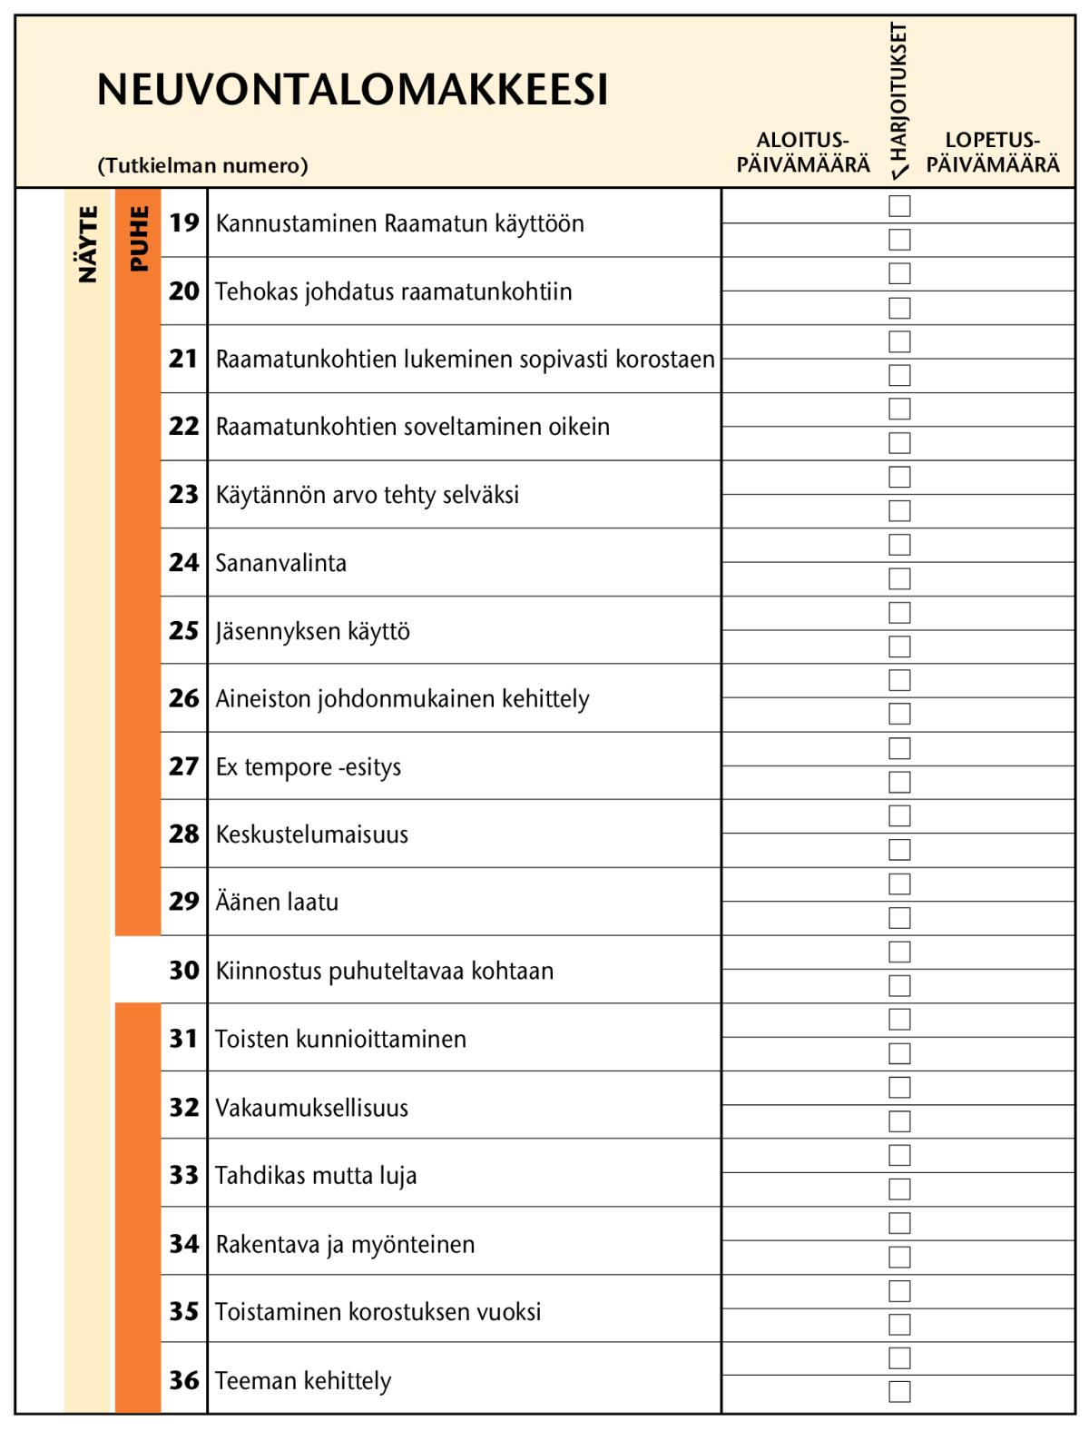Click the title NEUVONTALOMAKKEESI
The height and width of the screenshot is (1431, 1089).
352,90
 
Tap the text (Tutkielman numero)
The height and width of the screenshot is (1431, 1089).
202,165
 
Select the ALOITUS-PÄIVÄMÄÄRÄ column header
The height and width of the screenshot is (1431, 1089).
802,153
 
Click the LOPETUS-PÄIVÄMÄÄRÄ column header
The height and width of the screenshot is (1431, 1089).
992,153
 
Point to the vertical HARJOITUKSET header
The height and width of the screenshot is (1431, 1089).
898,95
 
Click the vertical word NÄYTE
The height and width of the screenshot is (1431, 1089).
87,244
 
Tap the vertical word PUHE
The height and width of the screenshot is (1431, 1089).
138,239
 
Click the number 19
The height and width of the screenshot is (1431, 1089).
184,222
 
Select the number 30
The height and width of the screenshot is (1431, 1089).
184,970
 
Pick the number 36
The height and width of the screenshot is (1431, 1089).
184,1380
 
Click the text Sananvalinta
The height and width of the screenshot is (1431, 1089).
280,563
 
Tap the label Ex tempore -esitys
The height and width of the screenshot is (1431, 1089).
308,767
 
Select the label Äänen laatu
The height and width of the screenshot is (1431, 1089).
277,902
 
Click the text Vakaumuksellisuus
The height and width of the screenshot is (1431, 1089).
311,1108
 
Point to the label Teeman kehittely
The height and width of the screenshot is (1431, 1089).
303,1380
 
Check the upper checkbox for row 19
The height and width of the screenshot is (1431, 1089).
899,206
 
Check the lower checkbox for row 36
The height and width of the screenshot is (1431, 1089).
899,1391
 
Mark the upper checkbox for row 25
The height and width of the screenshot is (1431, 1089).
899,613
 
